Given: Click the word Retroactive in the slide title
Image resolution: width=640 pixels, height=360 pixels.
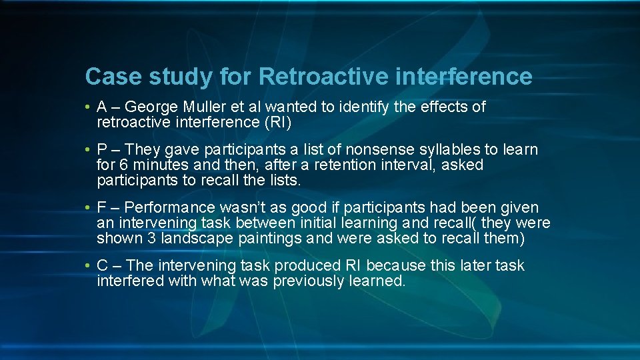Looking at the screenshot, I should (323, 77).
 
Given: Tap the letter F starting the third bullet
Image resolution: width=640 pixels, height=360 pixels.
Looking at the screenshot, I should (101, 208).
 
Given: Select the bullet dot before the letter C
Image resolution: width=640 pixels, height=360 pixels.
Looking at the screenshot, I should (88, 266).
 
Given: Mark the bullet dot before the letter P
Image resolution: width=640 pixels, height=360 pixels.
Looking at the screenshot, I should (88, 150).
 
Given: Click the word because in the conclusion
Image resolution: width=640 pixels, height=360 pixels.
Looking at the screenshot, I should (396, 265).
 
